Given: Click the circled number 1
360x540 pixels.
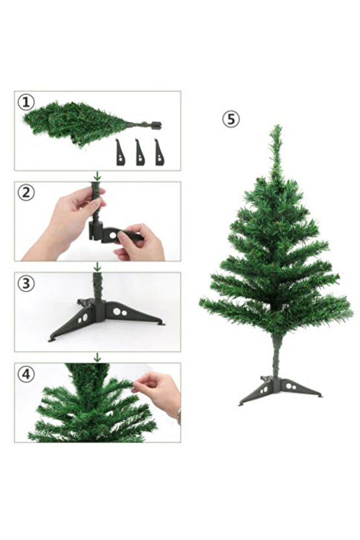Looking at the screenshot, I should coord(26,102).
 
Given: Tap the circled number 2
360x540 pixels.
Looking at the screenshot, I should coord(26,193).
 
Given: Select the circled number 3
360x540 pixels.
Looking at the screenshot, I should coord(26,283).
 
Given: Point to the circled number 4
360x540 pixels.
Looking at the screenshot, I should coord(26,374).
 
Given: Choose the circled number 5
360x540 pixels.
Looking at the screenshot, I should coord(231,119).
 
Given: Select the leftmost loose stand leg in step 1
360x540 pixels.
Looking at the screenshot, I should coord(120,152).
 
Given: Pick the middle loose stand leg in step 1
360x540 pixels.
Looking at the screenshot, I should coord(139,152).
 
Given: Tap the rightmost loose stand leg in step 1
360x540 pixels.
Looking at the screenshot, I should coord(159,152).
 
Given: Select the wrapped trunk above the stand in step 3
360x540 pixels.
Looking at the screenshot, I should coord(97,286).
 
